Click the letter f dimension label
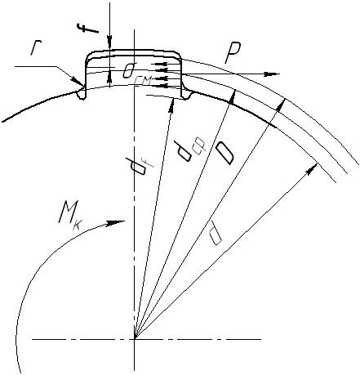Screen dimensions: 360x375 coord(87,29)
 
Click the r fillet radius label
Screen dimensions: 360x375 coord(35,49)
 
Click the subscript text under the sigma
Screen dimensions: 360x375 coord(143,80)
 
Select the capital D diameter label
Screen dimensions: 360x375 coord(224,154)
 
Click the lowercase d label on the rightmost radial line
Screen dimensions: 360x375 coord(216,233)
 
